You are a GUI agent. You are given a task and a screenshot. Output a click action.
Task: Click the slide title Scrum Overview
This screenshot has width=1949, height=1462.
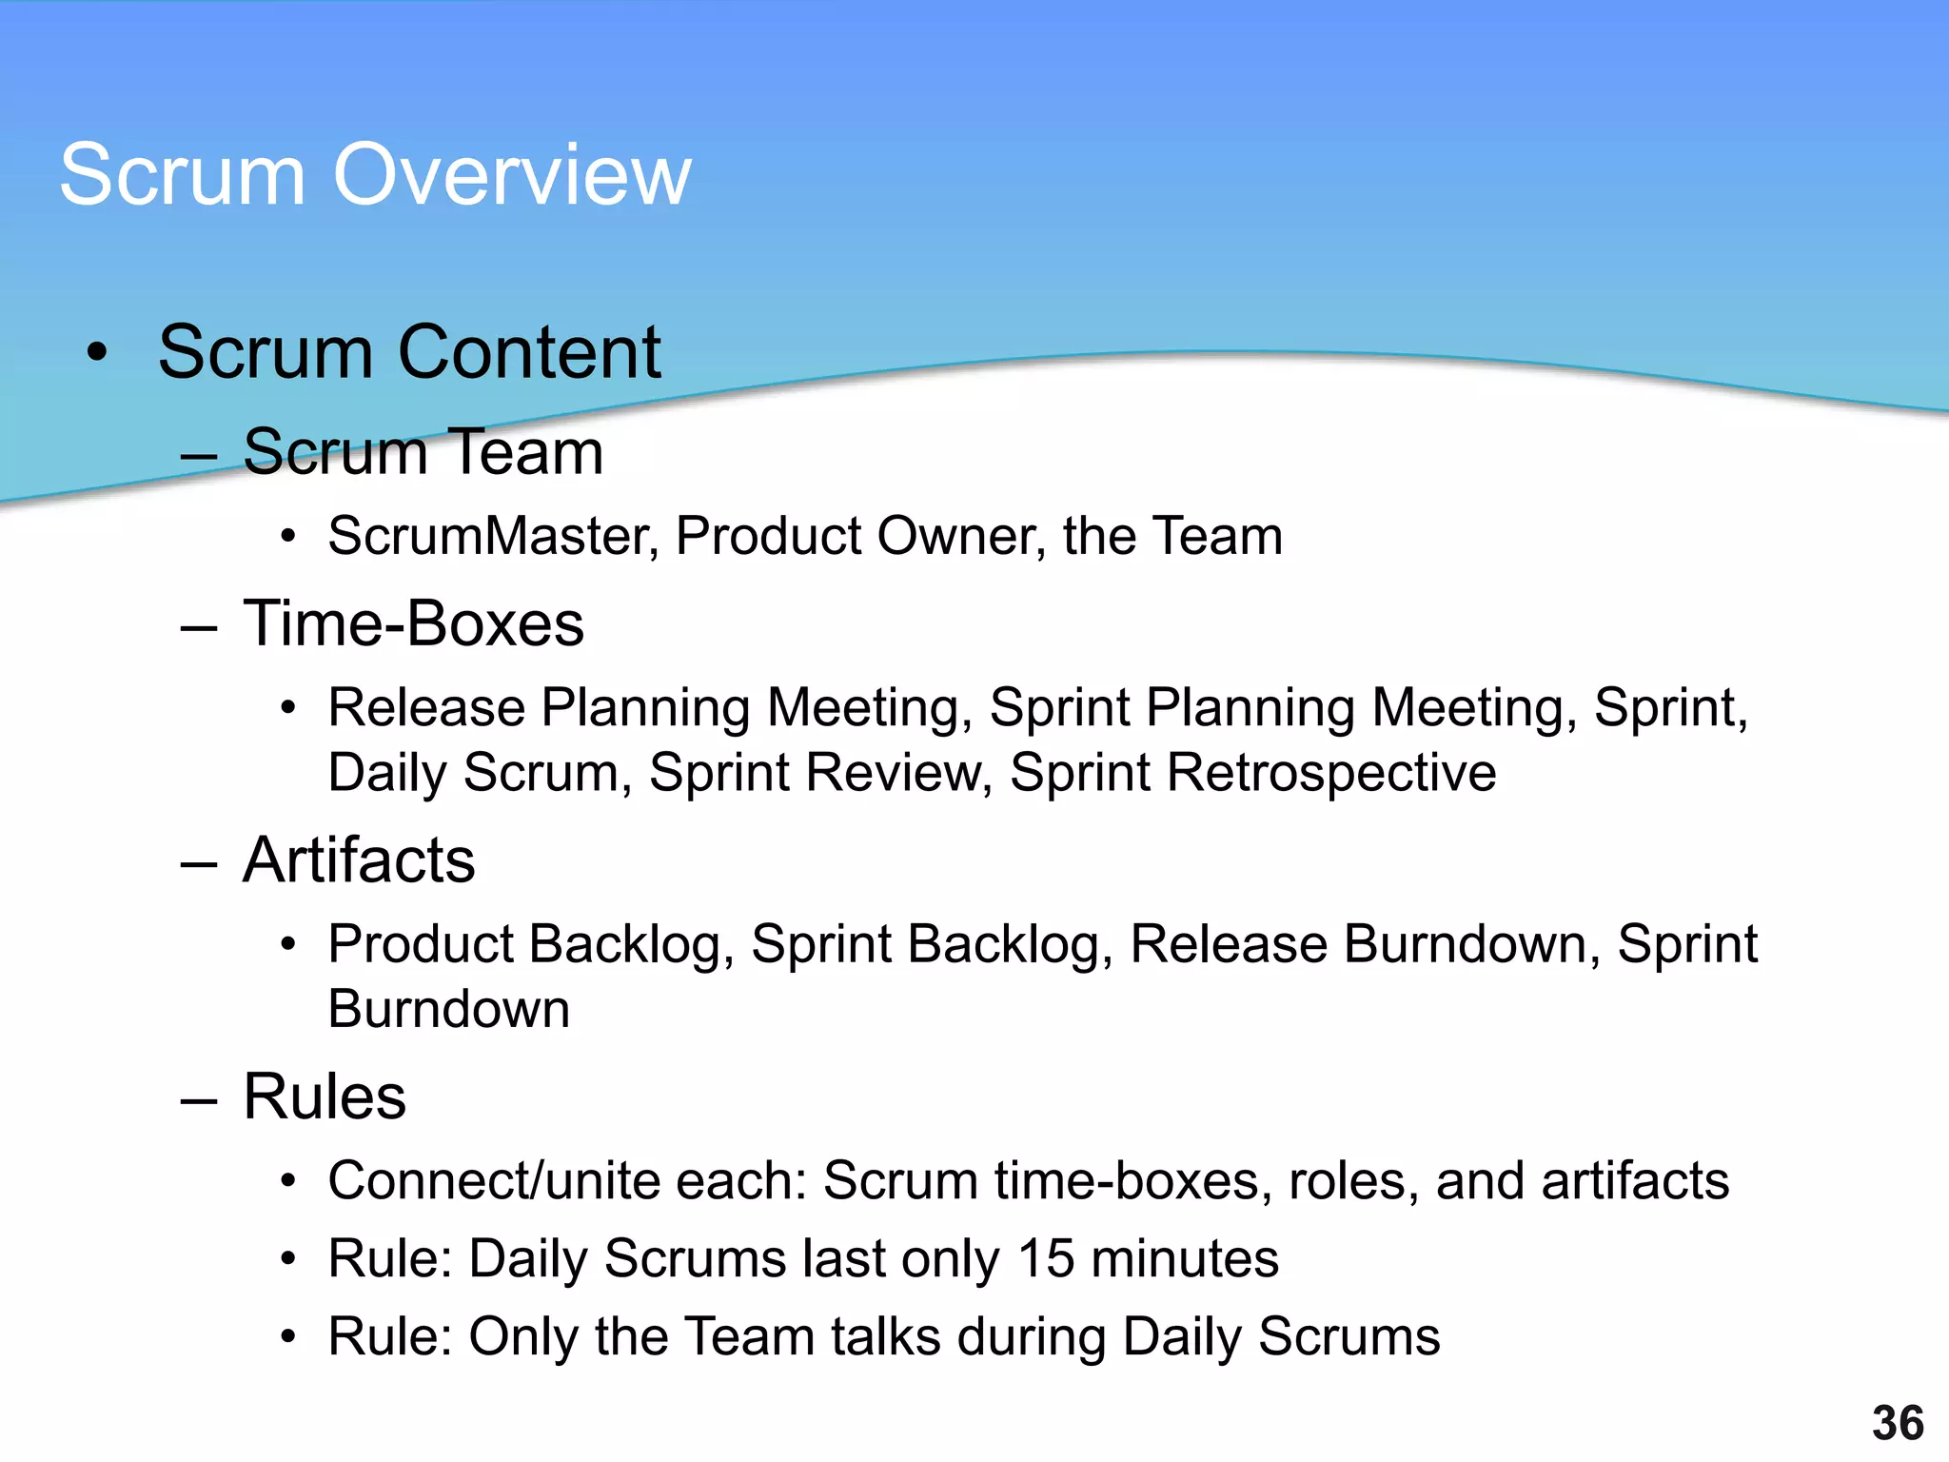[375, 174]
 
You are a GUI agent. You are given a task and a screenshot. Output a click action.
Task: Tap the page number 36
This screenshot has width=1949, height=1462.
[1898, 1424]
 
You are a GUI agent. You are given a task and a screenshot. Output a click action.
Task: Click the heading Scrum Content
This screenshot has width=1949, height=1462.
[409, 352]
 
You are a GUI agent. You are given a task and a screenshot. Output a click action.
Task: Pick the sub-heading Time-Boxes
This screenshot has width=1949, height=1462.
[413, 624]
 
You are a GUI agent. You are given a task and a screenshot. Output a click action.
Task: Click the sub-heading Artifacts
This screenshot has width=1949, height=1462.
[359, 860]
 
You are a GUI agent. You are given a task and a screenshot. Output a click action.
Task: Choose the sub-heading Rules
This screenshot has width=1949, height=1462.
[325, 1096]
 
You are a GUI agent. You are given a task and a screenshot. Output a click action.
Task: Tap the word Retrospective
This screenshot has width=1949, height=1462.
[1331, 773]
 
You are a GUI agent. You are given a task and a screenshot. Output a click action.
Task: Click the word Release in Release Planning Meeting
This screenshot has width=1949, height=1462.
[426, 708]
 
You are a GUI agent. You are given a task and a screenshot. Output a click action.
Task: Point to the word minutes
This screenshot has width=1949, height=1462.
[1185, 1259]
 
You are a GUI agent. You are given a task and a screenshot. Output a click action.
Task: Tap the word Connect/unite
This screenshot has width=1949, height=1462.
[494, 1181]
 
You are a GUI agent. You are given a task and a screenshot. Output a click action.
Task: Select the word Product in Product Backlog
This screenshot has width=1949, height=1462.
[420, 944]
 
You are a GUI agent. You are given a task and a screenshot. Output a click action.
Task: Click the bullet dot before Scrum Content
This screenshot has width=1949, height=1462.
[96, 353]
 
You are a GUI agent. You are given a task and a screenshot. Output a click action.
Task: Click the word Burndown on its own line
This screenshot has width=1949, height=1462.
[448, 1009]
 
